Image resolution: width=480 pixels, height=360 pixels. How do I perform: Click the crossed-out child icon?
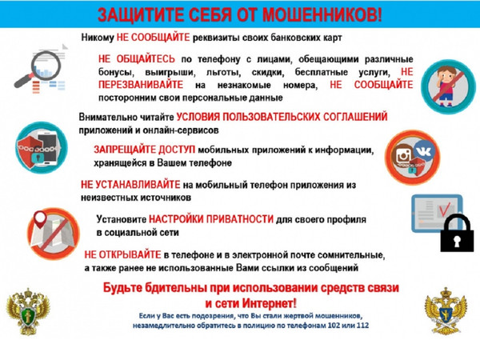[448, 86]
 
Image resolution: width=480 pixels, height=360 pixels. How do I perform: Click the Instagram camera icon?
[404, 156]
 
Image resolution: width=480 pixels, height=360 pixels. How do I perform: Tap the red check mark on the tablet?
[444, 209]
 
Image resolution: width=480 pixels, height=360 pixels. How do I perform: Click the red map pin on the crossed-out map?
[40, 218]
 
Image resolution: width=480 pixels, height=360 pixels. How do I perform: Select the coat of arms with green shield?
[28, 311]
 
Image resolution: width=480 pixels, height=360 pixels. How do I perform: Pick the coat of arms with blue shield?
[446, 310]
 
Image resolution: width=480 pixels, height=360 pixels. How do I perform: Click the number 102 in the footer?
[334, 326]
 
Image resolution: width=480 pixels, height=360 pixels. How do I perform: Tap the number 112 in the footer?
[362, 326]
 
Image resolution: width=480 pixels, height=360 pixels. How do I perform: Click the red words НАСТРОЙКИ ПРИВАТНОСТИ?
[211, 219]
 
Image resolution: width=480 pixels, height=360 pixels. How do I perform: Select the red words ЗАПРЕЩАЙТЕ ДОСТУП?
[144, 150]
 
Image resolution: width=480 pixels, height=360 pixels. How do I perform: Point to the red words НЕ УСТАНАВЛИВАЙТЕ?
[130, 185]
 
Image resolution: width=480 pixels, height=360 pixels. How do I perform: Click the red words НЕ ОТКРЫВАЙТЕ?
[122, 254]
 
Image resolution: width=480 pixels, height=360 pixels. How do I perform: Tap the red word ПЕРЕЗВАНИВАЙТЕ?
[141, 85]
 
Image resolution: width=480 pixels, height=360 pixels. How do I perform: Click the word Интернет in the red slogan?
[270, 303]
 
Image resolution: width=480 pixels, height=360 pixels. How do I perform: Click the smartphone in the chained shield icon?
[48, 148]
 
